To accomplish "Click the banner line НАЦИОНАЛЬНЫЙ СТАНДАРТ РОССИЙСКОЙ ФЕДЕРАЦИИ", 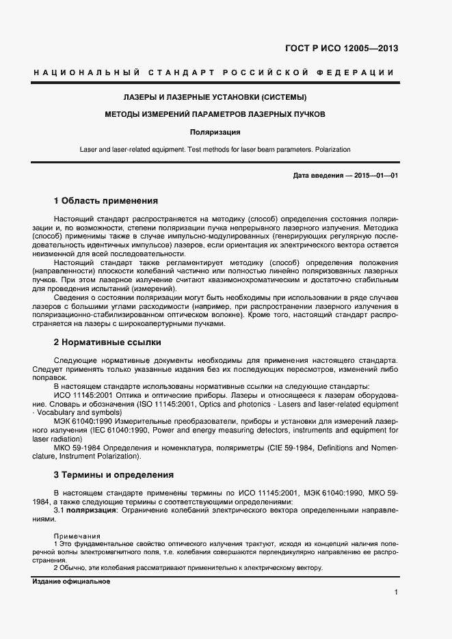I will [213, 72].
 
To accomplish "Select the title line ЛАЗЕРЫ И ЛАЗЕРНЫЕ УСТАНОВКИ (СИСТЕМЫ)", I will [214, 97].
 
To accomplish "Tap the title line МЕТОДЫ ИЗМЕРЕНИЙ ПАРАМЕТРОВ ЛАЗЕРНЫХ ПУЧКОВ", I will [214, 114].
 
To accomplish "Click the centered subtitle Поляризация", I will [214, 132].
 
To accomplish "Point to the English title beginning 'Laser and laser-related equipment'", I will [214, 149].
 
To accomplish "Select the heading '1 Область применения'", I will [105, 201].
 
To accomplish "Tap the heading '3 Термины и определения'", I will [113, 474].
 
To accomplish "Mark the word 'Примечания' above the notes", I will [77, 536].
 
